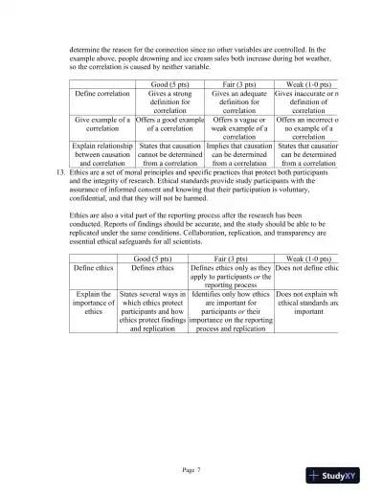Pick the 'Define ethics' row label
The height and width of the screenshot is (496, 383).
[96, 270]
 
